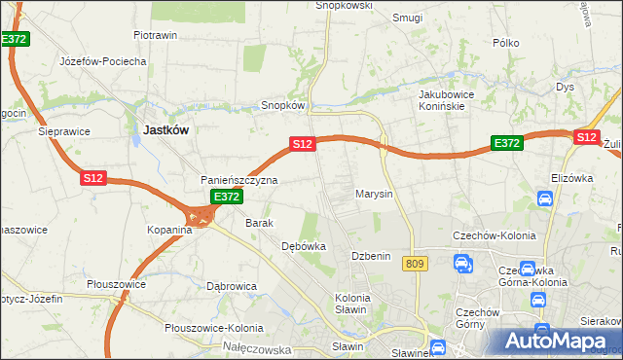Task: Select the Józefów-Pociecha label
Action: [x=102, y=60]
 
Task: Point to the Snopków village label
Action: [x=284, y=105]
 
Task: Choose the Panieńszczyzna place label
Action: [x=239, y=180]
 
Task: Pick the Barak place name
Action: [x=261, y=223]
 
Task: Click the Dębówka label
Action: [x=303, y=246]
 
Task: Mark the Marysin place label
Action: [x=374, y=194]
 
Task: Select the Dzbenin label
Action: [x=370, y=256]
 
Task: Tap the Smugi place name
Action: [x=407, y=17]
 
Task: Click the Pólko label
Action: [x=506, y=43]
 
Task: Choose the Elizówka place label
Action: [x=571, y=178]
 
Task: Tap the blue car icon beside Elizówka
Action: [x=545, y=198]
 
